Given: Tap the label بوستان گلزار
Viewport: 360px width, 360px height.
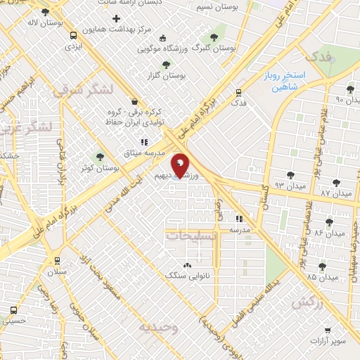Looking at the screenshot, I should coord(167,75).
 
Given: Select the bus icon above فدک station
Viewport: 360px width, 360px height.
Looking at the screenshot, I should coord(239,92).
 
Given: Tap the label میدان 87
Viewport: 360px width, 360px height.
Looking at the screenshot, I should coord(335,192).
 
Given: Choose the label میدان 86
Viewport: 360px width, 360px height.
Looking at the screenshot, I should coord(329,232).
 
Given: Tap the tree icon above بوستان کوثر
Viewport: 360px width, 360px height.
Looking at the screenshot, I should coord(99,157).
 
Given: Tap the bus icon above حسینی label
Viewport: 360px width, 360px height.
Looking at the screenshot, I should coord(14,309).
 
